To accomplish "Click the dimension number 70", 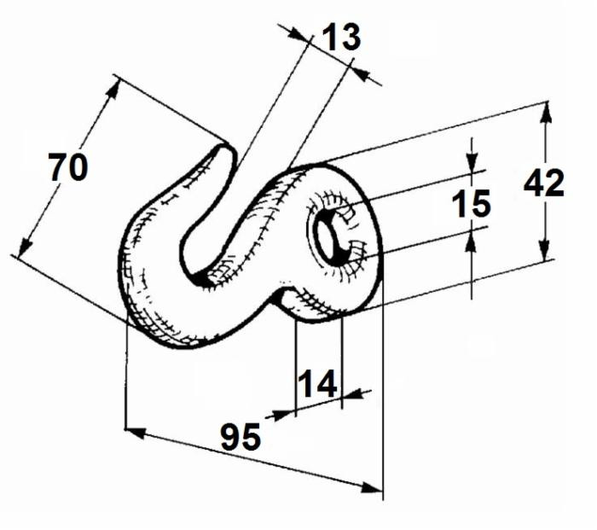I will tap(67, 167).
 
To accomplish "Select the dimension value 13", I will tap(340, 37).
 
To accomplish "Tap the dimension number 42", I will tap(544, 183).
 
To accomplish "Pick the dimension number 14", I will tap(317, 385).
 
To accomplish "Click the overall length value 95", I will tap(241, 437).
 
